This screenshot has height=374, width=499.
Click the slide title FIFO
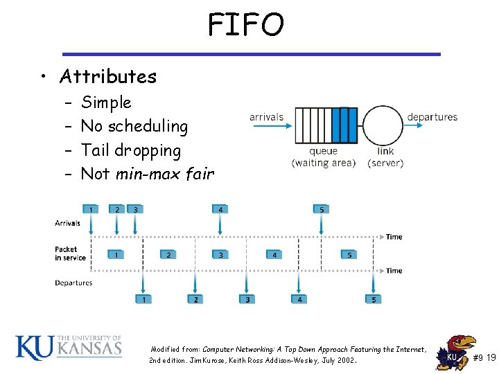[246, 26]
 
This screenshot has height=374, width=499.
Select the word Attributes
[108, 76]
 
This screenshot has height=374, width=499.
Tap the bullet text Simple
[106, 103]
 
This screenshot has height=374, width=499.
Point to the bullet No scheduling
[134, 126]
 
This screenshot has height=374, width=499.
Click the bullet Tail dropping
[131, 150]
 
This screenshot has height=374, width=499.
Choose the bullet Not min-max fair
[147, 174]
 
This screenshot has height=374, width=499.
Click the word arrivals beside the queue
[267, 117]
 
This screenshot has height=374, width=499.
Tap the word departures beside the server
[432, 117]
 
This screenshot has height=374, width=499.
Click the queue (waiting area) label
[324, 157]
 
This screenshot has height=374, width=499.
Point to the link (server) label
[385, 157]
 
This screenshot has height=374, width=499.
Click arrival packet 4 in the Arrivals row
[220, 209]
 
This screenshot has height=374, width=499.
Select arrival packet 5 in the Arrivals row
[321, 209]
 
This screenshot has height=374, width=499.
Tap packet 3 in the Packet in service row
[220, 255]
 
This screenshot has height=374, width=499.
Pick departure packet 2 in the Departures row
[196, 299]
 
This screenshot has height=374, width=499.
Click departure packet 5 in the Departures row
[374, 299]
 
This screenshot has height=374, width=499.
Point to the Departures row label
[73, 283]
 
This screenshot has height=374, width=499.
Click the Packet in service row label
[70, 253]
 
